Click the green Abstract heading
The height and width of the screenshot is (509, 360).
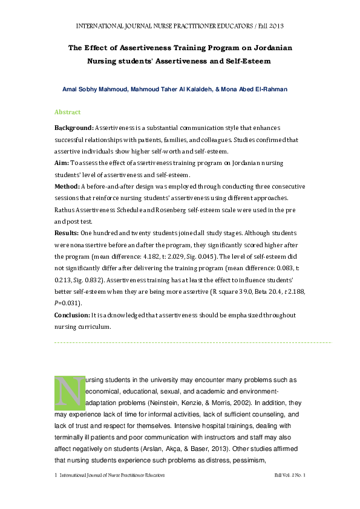click(x=67, y=112)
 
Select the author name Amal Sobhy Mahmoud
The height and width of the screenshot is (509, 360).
click(x=94, y=89)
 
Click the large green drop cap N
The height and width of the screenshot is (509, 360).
click(x=69, y=391)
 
